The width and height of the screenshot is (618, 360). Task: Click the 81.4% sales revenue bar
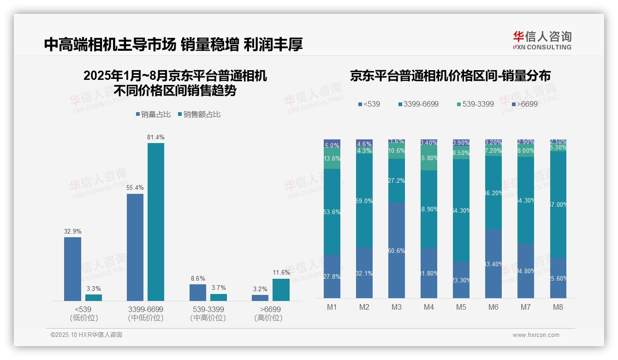click(156, 222)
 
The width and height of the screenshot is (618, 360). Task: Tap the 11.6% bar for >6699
click(281, 290)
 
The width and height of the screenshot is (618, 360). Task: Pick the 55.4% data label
click(135, 188)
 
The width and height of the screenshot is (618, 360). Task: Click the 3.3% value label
click(94, 288)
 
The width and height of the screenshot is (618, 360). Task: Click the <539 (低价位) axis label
click(83, 313)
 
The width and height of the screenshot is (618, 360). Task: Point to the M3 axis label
click(397, 307)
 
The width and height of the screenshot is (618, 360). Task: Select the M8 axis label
click(558, 307)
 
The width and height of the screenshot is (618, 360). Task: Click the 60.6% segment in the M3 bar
click(397, 250)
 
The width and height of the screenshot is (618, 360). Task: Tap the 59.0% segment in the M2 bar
click(364, 201)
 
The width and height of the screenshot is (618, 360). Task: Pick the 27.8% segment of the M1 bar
click(332, 276)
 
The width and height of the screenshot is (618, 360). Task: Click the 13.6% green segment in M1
click(332, 158)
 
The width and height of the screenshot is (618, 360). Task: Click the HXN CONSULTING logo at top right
click(542, 41)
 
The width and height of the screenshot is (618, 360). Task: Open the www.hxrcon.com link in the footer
click(536, 335)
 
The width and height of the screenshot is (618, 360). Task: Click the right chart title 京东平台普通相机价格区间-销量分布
click(450, 76)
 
